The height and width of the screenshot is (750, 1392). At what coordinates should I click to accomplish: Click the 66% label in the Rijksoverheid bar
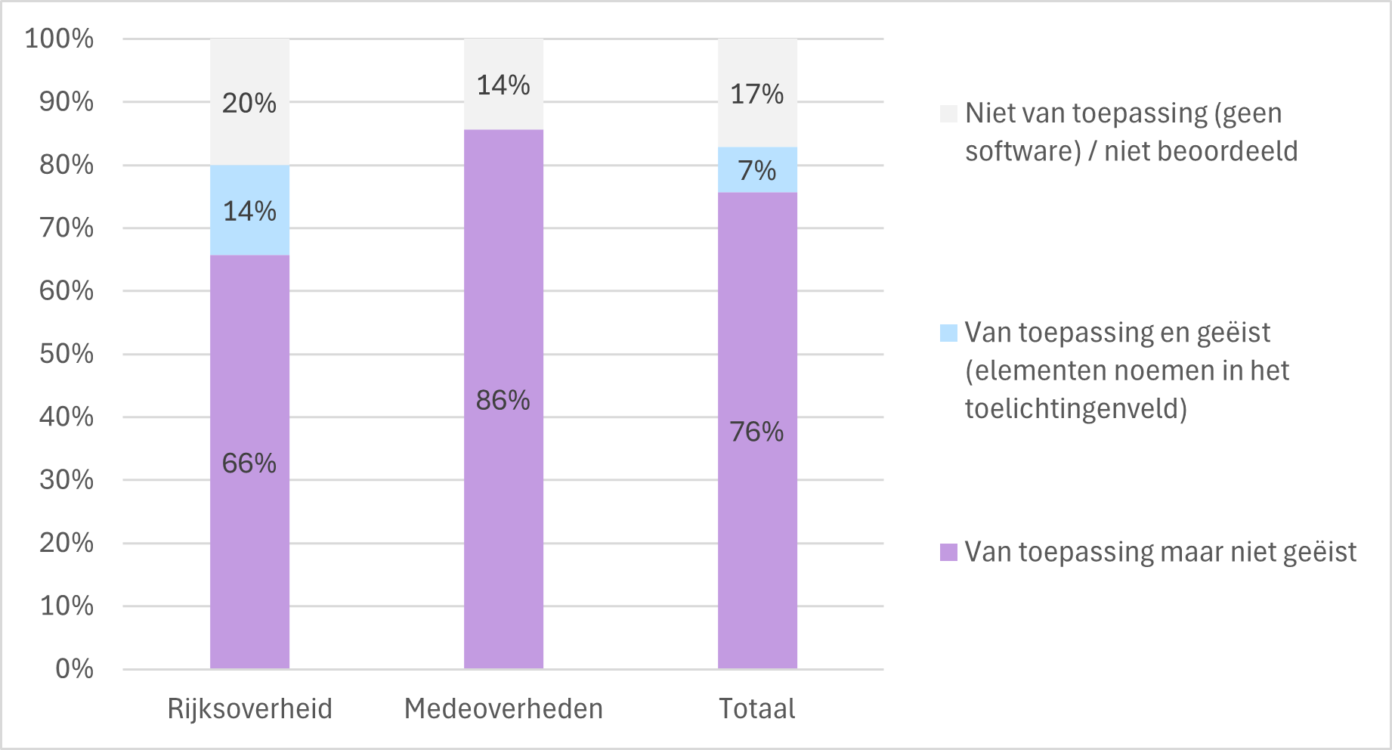249,463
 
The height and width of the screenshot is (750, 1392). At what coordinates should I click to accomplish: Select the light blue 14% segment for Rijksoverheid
249,210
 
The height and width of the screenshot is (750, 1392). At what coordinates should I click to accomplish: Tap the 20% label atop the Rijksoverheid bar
249,103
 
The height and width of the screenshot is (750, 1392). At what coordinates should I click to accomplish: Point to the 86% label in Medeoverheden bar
503,400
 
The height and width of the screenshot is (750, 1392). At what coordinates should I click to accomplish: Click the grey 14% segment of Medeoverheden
503,84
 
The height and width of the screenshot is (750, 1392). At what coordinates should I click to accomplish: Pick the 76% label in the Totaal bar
757,432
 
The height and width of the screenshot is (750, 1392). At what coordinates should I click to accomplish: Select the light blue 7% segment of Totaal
757,170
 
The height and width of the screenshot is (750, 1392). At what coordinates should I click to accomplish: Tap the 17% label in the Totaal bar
757,94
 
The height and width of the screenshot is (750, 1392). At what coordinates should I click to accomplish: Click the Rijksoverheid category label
250,709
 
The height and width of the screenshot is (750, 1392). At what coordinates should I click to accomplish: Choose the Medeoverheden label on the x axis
504,709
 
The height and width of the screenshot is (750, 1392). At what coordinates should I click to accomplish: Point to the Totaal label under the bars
757,709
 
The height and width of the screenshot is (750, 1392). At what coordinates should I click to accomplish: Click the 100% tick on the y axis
60,39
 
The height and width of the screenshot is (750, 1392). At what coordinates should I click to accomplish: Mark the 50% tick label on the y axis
67,354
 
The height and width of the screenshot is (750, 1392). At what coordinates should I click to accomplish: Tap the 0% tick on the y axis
74,668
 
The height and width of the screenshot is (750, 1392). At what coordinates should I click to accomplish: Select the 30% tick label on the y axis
67,479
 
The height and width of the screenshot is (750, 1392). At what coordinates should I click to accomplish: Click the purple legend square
948,552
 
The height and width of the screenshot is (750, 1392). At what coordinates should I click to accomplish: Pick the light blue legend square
948,333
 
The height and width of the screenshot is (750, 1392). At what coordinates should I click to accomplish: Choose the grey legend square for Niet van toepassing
948,113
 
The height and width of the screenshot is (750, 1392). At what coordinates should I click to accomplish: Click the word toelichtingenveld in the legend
1072,408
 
